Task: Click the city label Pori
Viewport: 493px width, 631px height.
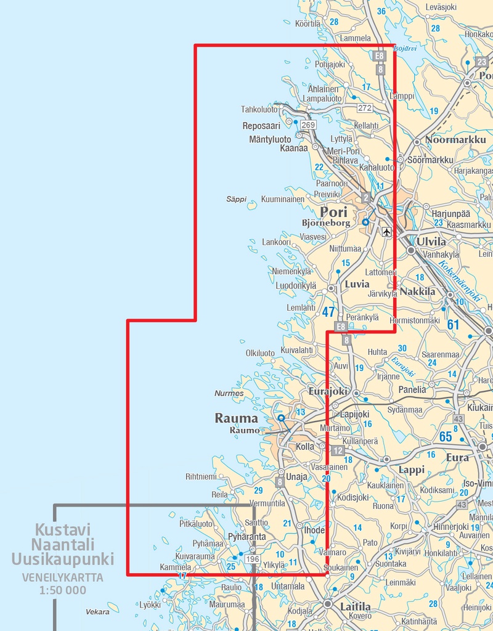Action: (x=333, y=211)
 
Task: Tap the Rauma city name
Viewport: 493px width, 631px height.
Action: (x=236, y=418)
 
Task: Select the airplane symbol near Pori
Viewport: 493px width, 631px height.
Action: (x=386, y=232)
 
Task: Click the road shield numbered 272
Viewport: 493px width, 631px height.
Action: (x=365, y=108)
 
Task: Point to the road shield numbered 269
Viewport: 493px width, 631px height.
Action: (x=308, y=125)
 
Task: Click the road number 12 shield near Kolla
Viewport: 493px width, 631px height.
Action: (x=337, y=450)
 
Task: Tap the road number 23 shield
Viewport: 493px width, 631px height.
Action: (x=482, y=62)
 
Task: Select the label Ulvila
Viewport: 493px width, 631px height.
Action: (x=431, y=242)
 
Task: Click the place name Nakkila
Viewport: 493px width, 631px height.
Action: (x=417, y=291)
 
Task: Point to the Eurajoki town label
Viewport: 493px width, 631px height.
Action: (x=328, y=391)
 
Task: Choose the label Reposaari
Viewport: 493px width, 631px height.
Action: (x=261, y=126)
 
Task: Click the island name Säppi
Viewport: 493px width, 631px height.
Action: (x=236, y=199)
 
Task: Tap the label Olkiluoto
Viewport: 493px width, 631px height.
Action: (x=260, y=353)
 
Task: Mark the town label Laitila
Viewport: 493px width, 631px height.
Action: (x=356, y=606)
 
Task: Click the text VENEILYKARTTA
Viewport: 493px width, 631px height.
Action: (x=63, y=578)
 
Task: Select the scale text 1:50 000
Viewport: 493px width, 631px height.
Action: (x=63, y=590)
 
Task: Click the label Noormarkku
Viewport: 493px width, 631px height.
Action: (x=455, y=140)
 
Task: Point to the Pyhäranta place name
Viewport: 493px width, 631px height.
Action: (x=246, y=537)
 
